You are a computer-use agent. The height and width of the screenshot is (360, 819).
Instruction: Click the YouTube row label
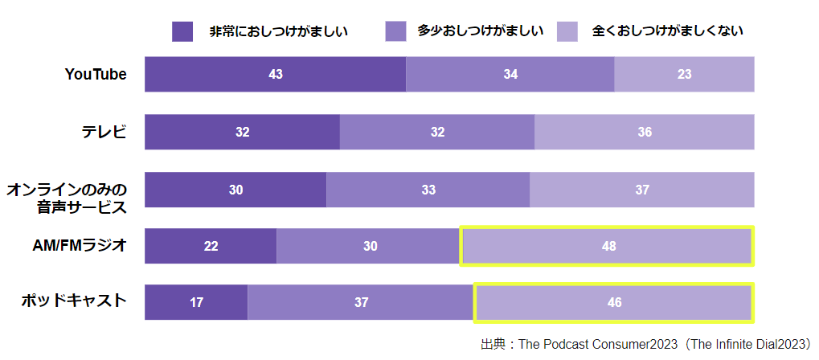[x=96, y=74]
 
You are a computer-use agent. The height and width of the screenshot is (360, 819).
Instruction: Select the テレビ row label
[x=104, y=132]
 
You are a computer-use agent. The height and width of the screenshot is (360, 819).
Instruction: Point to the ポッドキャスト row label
[x=74, y=302]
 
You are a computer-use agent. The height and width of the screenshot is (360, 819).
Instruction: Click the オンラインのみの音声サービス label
[x=68, y=198]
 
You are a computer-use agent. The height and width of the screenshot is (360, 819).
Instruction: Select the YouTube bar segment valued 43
[x=275, y=74]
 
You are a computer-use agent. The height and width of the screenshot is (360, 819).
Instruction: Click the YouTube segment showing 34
[x=510, y=74]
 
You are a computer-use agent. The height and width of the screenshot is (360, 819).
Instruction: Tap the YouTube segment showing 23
[x=684, y=74]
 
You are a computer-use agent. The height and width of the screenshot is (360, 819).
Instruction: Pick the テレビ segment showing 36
[x=644, y=132]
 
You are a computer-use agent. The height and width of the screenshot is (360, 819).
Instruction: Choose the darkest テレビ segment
[x=242, y=132]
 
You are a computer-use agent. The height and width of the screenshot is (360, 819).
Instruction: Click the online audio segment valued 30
[x=235, y=190]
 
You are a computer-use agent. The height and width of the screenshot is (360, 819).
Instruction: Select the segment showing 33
[x=428, y=190]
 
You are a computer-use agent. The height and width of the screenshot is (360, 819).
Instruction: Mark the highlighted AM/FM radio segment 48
[x=608, y=246]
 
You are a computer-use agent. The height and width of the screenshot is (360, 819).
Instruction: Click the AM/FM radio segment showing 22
[x=211, y=246]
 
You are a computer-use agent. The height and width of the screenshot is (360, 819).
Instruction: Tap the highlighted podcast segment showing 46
[x=614, y=302]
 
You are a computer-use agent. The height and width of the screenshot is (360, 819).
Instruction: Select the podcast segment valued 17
[x=196, y=302]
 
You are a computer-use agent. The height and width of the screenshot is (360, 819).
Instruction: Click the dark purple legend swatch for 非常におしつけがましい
[x=182, y=31]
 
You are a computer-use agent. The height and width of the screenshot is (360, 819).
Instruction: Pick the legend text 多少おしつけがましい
[x=481, y=31]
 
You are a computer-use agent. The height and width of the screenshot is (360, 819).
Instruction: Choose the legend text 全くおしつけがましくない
[x=667, y=31]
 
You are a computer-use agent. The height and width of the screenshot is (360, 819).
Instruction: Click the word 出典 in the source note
[x=492, y=344]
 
